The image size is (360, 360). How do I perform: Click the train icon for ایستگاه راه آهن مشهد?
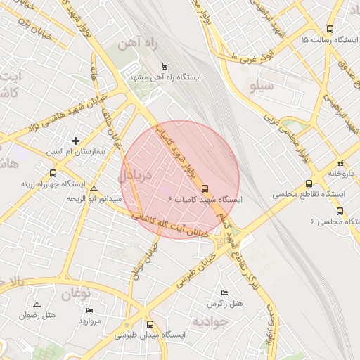165,65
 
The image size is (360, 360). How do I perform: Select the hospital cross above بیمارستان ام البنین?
76,141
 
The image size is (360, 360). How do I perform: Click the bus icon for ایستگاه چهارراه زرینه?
53,173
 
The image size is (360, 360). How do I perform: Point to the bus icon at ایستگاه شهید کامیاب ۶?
205,189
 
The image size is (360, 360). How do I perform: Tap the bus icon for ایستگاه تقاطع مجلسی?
308,183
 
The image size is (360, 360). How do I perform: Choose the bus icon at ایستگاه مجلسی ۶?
340,211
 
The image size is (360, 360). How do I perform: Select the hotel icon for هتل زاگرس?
224,292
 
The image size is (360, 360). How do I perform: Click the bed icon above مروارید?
89,310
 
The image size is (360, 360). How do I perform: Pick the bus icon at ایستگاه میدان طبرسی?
150,324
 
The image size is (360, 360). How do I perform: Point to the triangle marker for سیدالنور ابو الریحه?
94,189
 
